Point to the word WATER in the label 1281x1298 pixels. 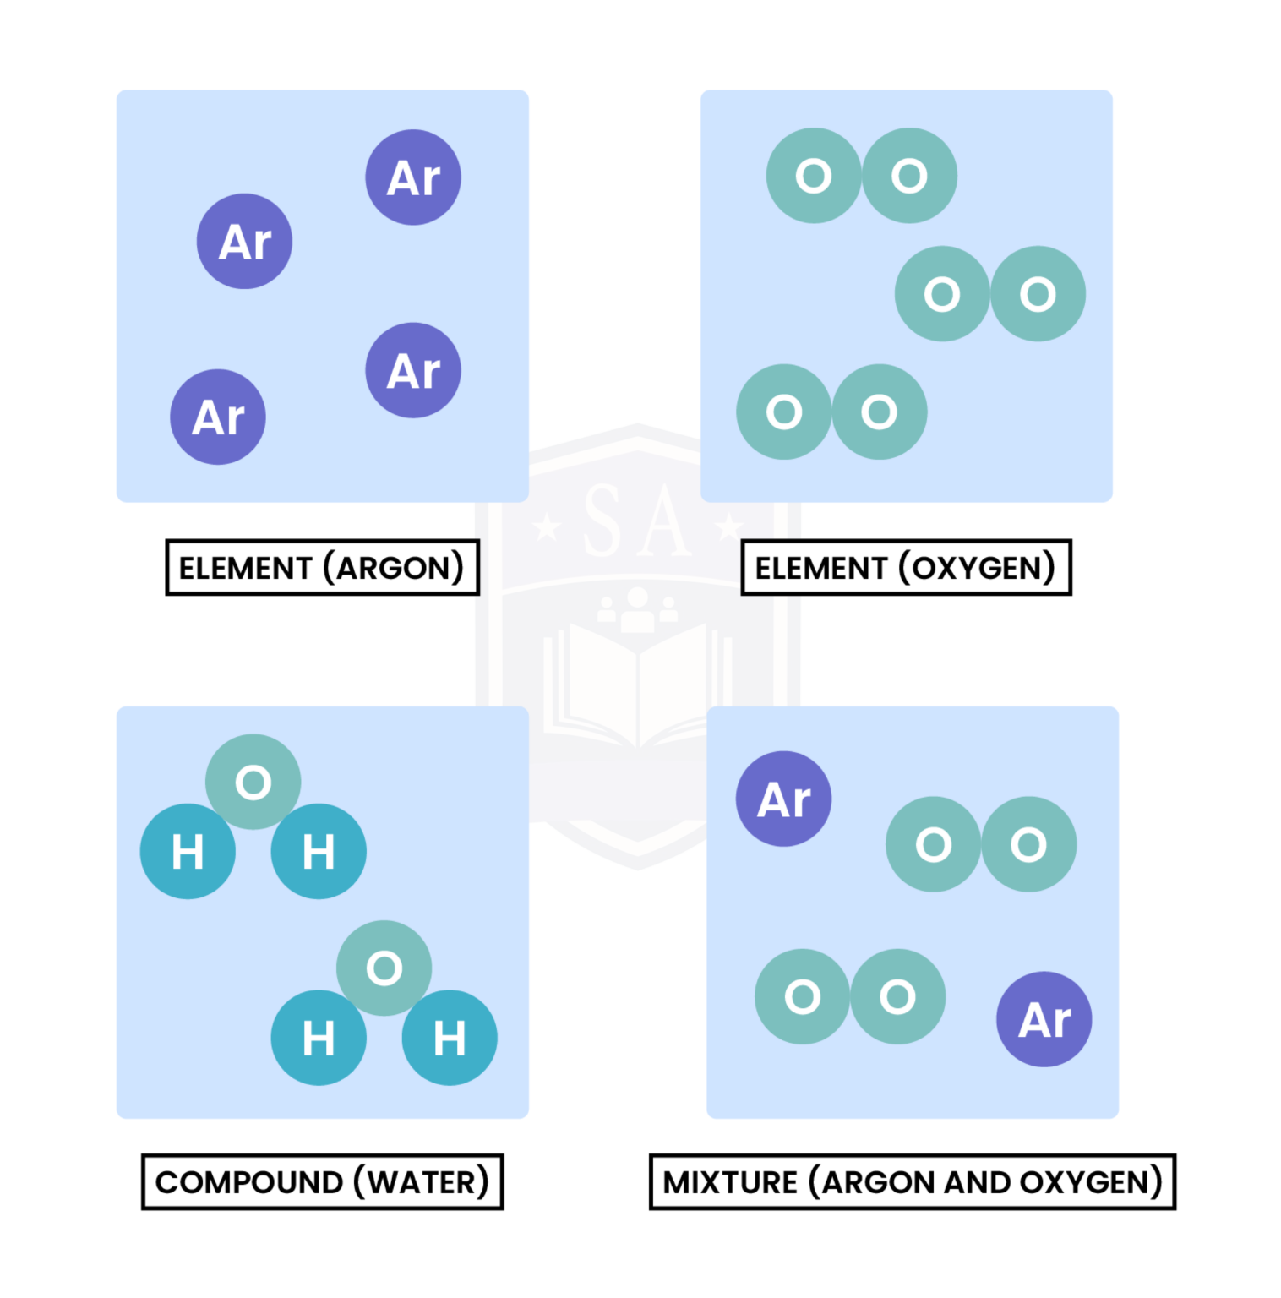point(422,1182)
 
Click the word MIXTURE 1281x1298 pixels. point(729,1182)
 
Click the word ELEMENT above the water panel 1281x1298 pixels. point(245,568)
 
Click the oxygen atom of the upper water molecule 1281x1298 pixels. point(253,782)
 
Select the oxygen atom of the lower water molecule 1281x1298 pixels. point(384,968)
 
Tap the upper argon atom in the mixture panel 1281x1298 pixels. point(783,799)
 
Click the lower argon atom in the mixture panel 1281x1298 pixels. point(1044,1019)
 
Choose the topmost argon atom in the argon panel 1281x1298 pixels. point(413,177)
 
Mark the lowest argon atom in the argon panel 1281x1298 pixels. point(218,417)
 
